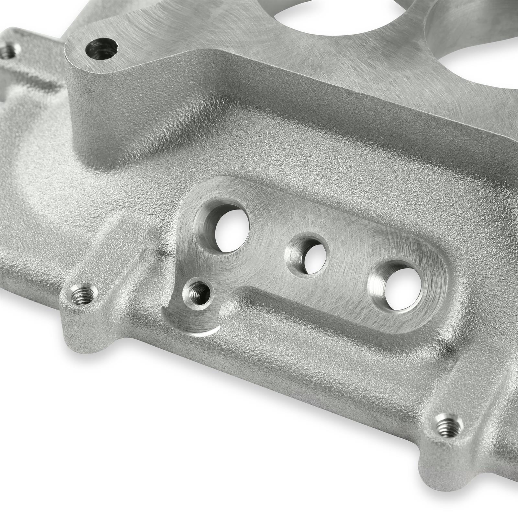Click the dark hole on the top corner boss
click(x=101, y=50)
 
